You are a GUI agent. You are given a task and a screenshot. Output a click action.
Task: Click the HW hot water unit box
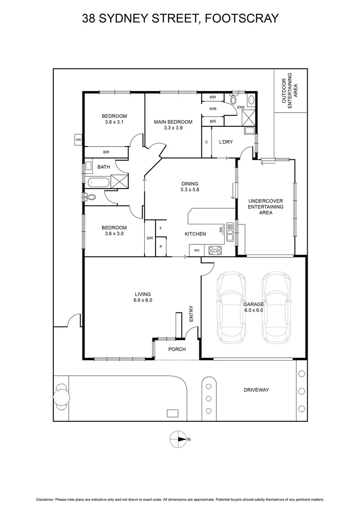click(x=78, y=140)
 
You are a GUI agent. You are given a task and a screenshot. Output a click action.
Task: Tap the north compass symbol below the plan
click(x=179, y=439)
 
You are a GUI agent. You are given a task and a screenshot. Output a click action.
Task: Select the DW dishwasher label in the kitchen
click(x=220, y=230)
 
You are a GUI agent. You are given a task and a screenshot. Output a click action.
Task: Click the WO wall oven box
click(x=196, y=250)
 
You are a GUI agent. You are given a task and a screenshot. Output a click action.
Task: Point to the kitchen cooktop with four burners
click(x=215, y=250)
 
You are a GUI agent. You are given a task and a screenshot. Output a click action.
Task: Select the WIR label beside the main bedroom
click(x=213, y=108)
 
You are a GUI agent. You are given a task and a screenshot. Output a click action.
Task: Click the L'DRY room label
click(x=227, y=142)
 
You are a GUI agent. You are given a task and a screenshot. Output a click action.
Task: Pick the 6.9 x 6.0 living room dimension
click(x=143, y=300)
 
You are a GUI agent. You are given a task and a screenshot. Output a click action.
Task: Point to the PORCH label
click(x=177, y=349)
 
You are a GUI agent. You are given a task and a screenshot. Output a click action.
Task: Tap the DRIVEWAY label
click(x=256, y=390)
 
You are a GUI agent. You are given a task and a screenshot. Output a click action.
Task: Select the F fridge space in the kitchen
click(x=161, y=228)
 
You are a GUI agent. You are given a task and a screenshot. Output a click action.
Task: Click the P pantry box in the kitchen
click(x=161, y=246)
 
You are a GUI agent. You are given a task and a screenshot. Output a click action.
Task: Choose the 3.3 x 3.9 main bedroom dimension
click(x=172, y=128)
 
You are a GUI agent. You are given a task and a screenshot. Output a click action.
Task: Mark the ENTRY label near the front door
click(x=191, y=314)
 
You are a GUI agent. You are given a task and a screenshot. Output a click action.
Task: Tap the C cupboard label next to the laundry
click(x=206, y=142)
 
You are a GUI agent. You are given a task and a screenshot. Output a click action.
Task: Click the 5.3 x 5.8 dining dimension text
click(x=190, y=190)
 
